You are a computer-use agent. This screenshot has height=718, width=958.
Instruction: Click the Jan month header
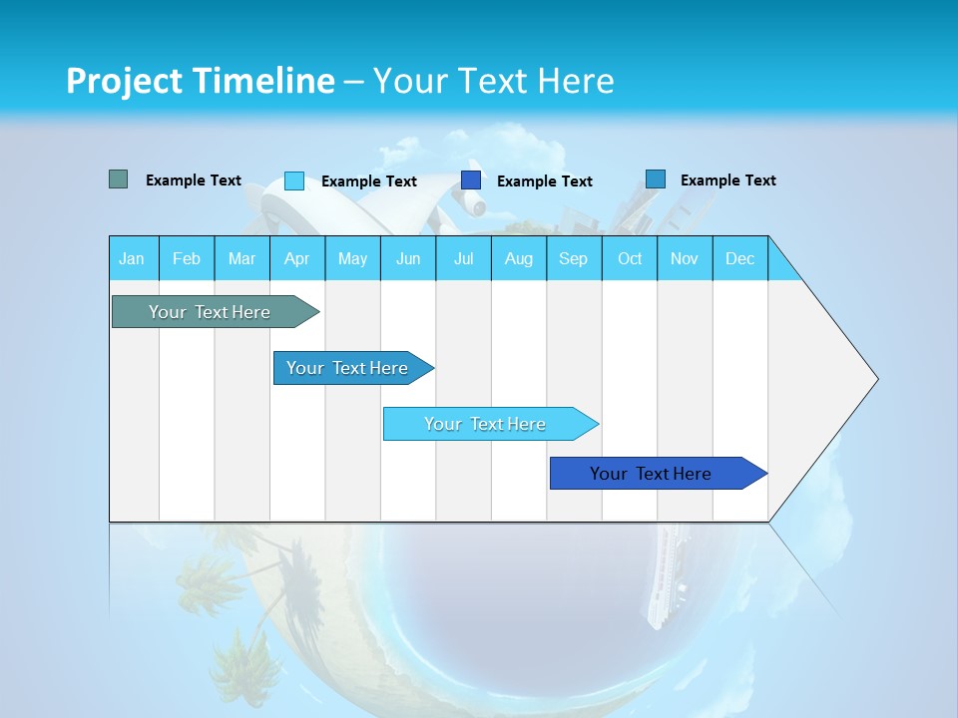pyautogui.click(x=133, y=258)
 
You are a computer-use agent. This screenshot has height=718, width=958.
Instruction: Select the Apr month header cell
pyautogui.click(x=297, y=258)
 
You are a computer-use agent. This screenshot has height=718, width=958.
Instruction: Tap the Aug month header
pyautogui.click(x=519, y=258)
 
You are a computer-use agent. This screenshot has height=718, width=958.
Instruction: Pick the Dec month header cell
pyautogui.click(x=739, y=258)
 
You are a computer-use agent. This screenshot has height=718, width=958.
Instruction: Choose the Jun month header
pyautogui.click(x=408, y=258)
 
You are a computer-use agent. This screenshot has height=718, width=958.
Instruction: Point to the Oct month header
pyautogui.click(x=630, y=258)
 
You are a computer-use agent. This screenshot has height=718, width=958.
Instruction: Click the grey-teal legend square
pyautogui.click(x=118, y=179)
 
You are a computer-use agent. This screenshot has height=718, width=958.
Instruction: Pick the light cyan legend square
pyautogui.click(x=294, y=180)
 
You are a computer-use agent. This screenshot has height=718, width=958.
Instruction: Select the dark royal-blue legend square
pyautogui.click(x=471, y=180)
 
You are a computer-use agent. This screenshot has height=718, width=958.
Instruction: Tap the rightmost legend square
pyautogui.click(x=656, y=179)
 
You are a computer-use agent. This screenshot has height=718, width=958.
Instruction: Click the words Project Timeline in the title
pyautogui.click(x=200, y=81)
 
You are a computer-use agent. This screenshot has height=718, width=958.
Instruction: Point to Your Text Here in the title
pyautogui.click(x=493, y=81)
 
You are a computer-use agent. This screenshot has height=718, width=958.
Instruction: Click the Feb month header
pyautogui.click(x=187, y=258)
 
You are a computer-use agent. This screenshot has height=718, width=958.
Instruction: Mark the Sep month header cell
pyautogui.click(x=574, y=258)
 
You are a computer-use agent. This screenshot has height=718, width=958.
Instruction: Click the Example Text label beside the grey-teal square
pyautogui.click(x=194, y=180)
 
